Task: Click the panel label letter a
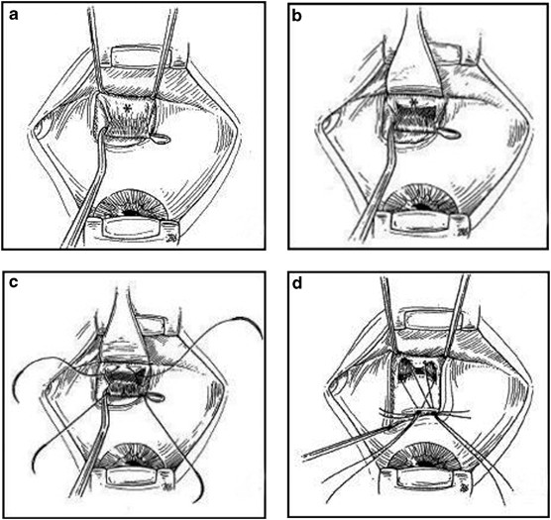tap(14, 15)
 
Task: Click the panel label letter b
tap(297, 16)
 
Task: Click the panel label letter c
tap(14, 283)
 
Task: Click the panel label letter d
tap(297, 283)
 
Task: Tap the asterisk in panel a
tap(126, 109)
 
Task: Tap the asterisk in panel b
tap(414, 103)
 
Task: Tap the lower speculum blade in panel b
tap(420, 222)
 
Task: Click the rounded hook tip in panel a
tap(162, 139)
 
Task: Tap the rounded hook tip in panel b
tap(451, 133)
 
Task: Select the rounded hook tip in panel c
tap(157, 397)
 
